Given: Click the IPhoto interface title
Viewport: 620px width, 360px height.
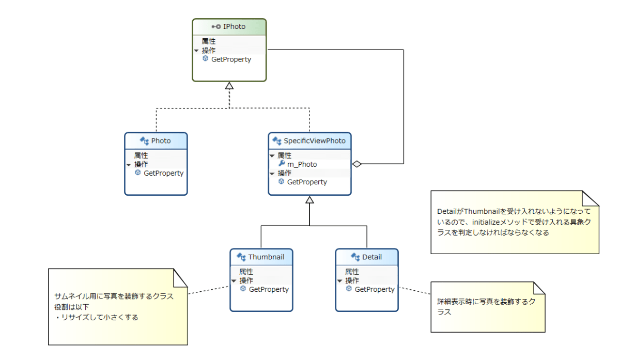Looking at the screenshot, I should click(x=234, y=26).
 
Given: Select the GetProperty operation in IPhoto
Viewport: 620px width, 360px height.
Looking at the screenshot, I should click(x=231, y=59).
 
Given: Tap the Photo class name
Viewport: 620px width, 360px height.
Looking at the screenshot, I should click(x=161, y=140).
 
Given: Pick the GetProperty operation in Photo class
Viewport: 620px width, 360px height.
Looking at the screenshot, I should click(x=163, y=173).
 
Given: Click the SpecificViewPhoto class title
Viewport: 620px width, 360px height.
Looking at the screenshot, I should click(x=314, y=140).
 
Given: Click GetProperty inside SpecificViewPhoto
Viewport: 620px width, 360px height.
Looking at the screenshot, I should click(x=307, y=182).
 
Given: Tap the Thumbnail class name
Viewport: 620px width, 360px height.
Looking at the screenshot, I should click(x=266, y=257).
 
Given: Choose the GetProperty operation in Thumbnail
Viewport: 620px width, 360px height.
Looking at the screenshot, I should click(x=269, y=289).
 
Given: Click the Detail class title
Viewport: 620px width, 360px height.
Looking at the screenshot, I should click(x=371, y=257).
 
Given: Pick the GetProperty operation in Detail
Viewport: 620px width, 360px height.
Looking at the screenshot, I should click(x=374, y=289).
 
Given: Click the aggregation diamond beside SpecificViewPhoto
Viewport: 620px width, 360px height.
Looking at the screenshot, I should click(x=357, y=164).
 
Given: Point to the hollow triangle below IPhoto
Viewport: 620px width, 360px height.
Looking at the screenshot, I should click(x=229, y=86).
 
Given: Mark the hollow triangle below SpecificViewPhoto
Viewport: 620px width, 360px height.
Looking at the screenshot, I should click(x=309, y=200).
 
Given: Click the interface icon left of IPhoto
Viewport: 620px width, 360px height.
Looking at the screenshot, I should click(x=216, y=26).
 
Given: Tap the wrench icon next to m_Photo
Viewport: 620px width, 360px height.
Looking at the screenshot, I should click(x=282, y=164).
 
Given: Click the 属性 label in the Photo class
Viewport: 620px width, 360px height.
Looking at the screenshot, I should click(x=141, y=155).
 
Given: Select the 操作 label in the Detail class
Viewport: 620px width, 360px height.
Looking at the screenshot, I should click(x=352, y=280).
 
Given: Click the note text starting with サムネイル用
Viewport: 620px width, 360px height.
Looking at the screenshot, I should click(x=114, y=296).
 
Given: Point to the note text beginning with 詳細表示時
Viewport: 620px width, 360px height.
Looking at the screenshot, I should click(x=486, y=301).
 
